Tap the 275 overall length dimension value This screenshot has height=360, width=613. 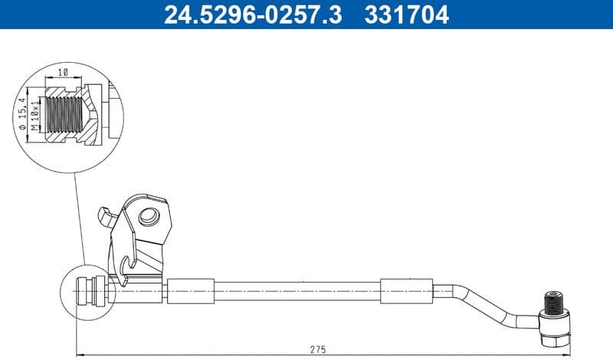318,349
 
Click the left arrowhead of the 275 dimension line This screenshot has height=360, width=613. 79,354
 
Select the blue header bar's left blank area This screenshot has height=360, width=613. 77,14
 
